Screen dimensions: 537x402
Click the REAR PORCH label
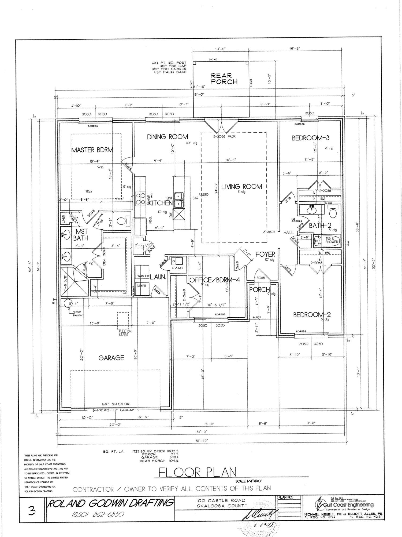tap(224, 79)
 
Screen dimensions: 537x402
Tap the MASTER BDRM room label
tap(92, 150)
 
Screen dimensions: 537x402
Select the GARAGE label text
tap(111, 358)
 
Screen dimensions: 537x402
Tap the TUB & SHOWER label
tap(332, 240)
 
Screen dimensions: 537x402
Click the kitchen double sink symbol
tap(178, 200)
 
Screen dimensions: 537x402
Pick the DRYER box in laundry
tap(141, 286)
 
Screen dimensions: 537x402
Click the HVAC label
tap(177, 268)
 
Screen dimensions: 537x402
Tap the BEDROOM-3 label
tap(310, 138)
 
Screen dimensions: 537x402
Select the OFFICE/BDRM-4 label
tap(215, 280)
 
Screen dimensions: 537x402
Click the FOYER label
tap(265, 254)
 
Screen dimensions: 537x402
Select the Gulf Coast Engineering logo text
tap(348, 505)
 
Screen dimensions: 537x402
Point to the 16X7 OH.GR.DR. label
tap(116, 404)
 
